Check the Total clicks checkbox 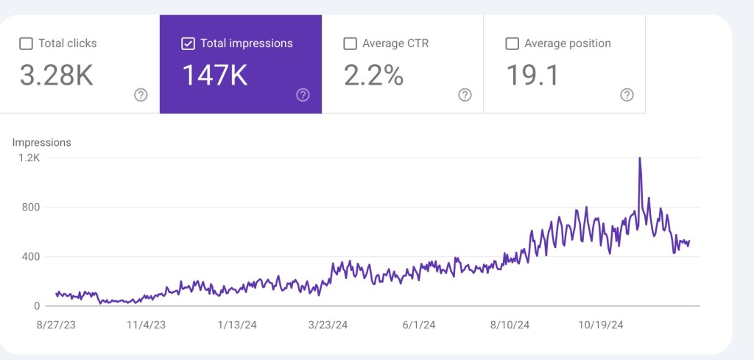[26, 44]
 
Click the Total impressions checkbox [188, 44]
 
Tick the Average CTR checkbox [350, 44]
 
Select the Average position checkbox [512, 44]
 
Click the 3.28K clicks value [57, 75]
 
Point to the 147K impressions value [214, 75]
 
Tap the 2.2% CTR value [373, 75]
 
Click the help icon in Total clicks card [141, 95]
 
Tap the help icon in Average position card [627, 95]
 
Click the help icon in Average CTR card [465, 95]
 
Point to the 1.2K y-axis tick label [29, 158]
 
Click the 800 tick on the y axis [30, 208]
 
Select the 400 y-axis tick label [30, 257]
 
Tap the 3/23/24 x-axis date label [327, 325]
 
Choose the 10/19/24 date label [601, 325]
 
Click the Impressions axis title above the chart [42, 142]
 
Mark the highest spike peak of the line [639, 158]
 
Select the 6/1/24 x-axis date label [420, 325]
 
